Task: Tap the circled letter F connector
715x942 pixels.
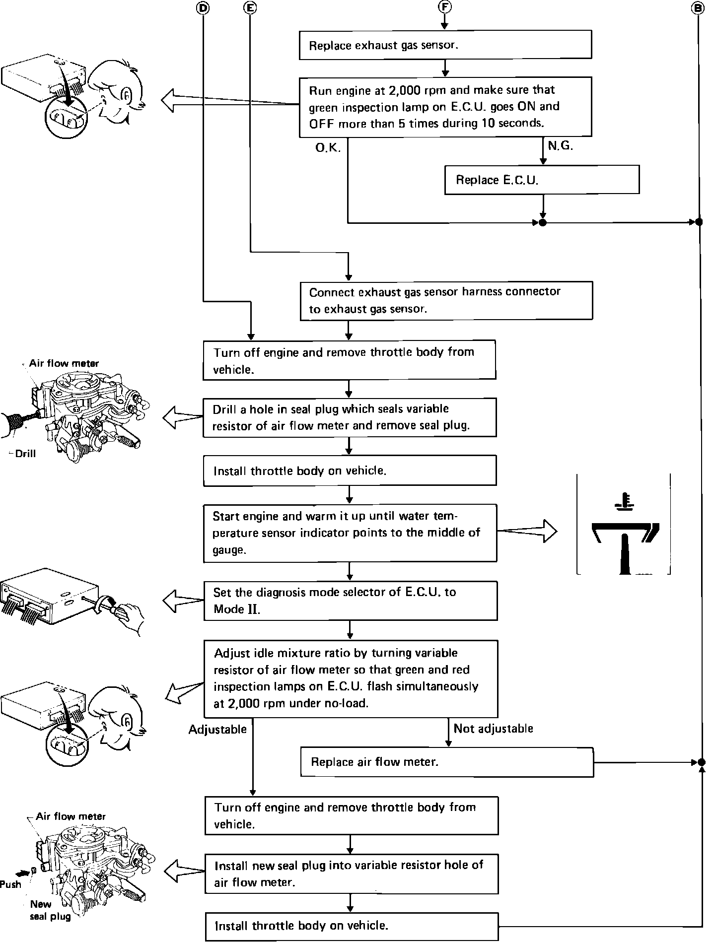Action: tap(445, 7)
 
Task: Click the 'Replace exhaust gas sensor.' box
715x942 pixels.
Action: tap(445, 45)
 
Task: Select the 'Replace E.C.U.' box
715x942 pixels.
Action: tap(542, 180)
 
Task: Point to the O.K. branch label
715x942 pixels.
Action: tap(328, 148)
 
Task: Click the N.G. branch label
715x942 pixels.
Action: tap(560, 146)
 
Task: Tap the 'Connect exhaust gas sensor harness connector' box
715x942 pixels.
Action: tap(446, 300)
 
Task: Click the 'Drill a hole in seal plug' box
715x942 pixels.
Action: tap(350, 417)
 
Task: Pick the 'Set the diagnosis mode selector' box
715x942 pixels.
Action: tap(350, 601)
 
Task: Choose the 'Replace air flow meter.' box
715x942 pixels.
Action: tap(447, 762)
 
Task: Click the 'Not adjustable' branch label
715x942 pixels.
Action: tap(493, 729)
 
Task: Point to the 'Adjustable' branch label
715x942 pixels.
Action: tap(217, 730)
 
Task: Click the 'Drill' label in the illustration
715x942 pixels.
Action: tap(25, 454)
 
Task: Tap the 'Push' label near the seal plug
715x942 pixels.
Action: tap(11, 884)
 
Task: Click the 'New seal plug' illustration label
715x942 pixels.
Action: tap(49, 910)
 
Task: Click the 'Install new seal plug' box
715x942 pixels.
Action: tap(351, 874)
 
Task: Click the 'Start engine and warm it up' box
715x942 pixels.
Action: tap(350, 533)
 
